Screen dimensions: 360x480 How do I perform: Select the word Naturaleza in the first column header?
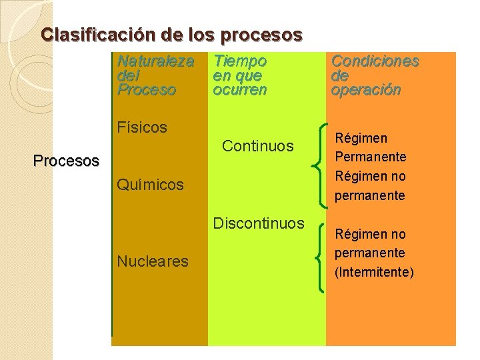[155, 61]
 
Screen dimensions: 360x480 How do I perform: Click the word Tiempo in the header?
[240, 61]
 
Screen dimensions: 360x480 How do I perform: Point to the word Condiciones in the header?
[375, 61]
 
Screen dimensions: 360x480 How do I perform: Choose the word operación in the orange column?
[366, 89]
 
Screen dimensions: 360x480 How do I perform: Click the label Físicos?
[142, 127]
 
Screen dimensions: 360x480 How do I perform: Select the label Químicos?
[150, 185]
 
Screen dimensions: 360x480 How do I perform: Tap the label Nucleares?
[153, 261]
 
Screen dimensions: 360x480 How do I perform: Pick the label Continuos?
[258, 145]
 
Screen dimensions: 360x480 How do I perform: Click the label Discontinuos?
[259, 223]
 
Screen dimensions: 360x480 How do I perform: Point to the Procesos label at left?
[66, 161]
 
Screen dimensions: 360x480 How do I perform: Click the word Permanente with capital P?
[371, 157]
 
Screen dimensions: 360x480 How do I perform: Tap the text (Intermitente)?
[374, 272]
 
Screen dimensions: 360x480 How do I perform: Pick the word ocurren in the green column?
[240, 89]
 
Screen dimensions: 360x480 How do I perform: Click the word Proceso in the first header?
[146, 89]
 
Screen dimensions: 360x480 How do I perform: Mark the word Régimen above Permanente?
[361, 139]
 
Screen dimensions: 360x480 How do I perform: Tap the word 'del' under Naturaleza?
[128, 75]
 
